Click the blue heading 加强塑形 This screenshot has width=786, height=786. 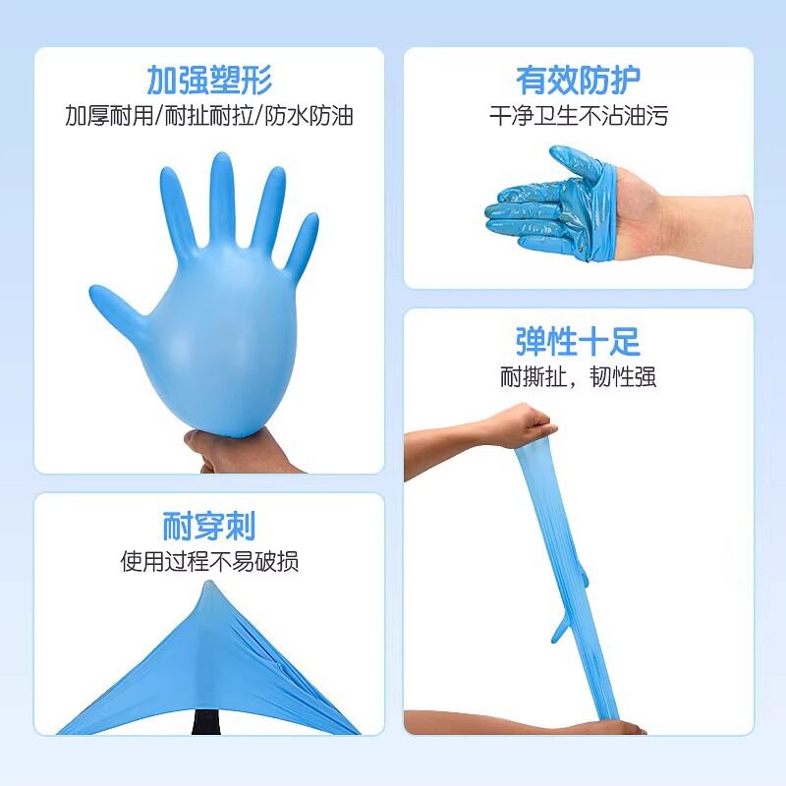click(209, 78)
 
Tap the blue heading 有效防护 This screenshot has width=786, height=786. click(578, 80)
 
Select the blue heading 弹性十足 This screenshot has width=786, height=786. click(578, 341)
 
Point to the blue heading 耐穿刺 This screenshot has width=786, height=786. click(209, 525)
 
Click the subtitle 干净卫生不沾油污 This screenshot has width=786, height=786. click(578, 116)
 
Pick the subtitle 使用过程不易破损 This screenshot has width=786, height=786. click(209, 562)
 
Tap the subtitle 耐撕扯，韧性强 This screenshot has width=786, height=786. click(578, 376)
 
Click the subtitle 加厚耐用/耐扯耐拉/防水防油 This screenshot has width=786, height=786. click(209, 116)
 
